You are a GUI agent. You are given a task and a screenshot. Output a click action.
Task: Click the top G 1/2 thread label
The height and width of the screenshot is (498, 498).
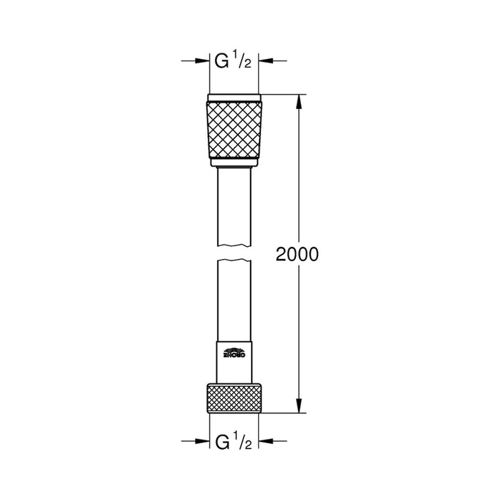coord(233,62)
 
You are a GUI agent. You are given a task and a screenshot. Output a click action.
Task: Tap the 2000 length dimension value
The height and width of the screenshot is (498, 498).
coord(297,255)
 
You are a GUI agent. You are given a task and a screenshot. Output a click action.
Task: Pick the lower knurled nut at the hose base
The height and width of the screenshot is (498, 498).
coord(233,398)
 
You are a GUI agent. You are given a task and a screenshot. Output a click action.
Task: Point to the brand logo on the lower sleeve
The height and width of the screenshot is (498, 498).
coord(233,354)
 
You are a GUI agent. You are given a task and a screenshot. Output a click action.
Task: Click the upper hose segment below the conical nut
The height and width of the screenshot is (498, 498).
coord(233,206)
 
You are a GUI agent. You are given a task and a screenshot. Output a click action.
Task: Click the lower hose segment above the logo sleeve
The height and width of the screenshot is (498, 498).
coord(233,299)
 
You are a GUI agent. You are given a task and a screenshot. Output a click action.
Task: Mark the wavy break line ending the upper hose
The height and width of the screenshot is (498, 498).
coord(233,245)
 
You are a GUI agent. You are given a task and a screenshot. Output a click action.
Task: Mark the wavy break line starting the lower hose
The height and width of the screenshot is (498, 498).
coord(233,263)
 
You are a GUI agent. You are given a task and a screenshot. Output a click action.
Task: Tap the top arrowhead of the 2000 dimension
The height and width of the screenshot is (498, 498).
coord(297,100)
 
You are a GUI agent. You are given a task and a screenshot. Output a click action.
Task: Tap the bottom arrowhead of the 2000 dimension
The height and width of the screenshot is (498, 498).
coord(297,407)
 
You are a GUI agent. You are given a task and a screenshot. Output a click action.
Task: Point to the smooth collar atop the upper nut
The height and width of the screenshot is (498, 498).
coord(233,97)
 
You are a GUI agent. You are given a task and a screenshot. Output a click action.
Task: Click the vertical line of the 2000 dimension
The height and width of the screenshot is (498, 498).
coord(297,178)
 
